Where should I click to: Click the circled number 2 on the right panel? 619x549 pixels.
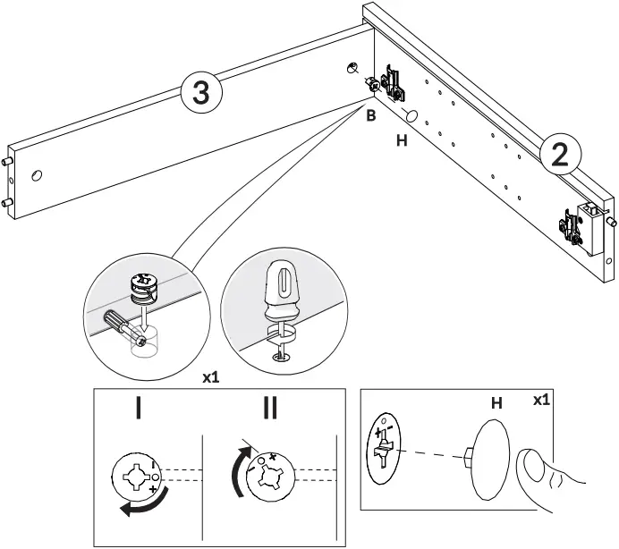560,155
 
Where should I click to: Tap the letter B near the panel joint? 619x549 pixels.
369,115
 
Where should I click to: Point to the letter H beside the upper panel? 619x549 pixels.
401,141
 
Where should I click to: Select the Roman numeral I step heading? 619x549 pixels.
137,408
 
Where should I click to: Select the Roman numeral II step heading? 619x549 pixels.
269,408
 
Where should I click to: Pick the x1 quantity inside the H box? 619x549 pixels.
541,401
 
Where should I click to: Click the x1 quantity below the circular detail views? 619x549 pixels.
212,378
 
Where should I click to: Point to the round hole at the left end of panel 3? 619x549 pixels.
36,175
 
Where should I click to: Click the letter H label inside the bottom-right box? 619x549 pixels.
496,404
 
